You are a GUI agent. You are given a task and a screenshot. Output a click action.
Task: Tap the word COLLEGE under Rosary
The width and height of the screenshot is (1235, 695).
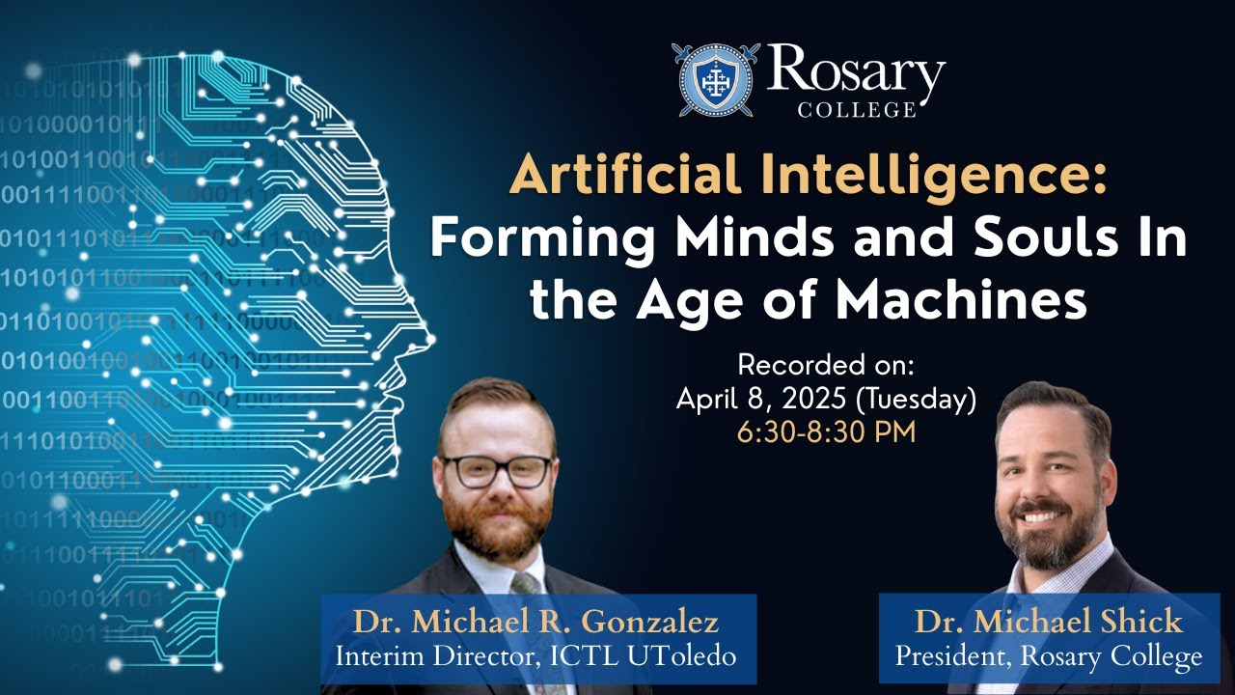(856, 110)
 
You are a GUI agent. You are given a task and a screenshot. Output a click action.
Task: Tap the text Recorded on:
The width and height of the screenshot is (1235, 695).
(825, 365)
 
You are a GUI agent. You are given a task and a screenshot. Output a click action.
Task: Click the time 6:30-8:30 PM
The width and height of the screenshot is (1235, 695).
(826, 431)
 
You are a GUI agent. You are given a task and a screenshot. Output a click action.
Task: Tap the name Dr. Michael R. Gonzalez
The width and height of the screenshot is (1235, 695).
(536, 620)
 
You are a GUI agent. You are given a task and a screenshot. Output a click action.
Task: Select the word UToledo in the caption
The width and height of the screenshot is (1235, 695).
(684, 656)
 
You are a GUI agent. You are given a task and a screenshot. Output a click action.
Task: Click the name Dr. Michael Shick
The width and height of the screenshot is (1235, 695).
(1048, 620)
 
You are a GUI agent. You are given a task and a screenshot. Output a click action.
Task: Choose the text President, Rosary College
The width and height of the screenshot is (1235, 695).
(1048, 656)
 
